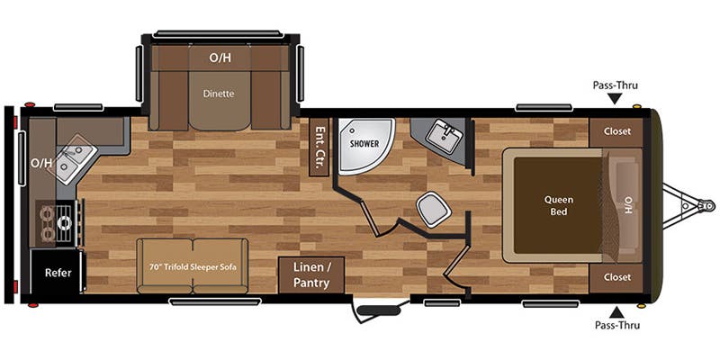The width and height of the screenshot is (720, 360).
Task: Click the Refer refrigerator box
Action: (x=58, y=271)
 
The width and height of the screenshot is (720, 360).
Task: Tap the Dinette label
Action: (x=220, y=91)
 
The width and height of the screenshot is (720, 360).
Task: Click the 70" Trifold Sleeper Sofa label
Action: (x=193, y=266)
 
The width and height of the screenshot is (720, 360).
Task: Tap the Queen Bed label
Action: (x=558, y=206)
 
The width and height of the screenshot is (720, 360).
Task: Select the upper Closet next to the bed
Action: (x=616, y=131)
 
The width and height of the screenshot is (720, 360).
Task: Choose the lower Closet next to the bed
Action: (x=616, y=277)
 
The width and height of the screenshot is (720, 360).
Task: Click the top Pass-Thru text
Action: (x=615, y=85)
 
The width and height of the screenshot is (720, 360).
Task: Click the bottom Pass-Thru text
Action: (x=615, y=323)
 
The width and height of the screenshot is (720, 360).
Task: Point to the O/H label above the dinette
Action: (x=220, y=58)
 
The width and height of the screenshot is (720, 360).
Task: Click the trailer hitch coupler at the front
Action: (x=693, y=206)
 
